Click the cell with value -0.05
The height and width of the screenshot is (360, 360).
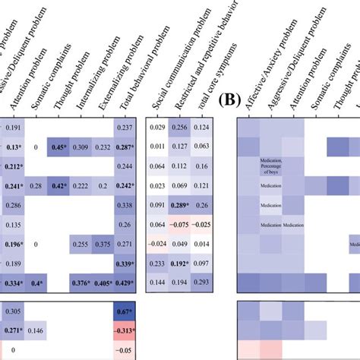(125, 349)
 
